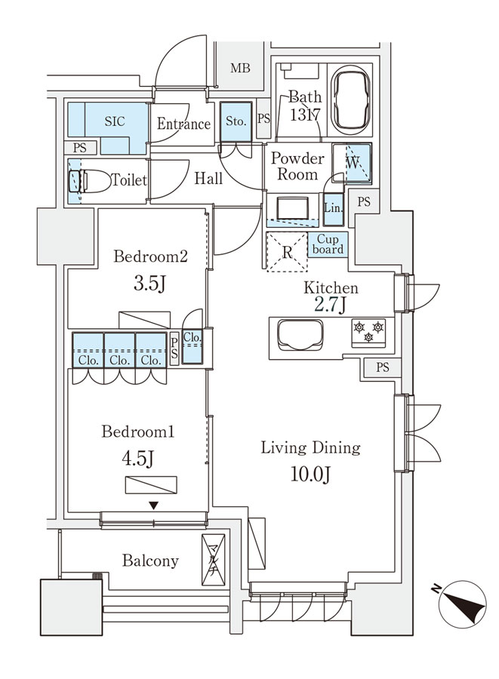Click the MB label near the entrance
point(240,68)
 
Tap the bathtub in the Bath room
point(350,100)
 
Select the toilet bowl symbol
point(90,180)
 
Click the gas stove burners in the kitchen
point(368,332)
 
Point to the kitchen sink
point(300,335)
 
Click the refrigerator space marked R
point(287,252)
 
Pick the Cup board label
point(328,244)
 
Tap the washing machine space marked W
point(352,162)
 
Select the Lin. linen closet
point(333,209)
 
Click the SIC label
point(114,121)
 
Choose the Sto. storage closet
point(236,121)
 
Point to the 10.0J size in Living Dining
point(310,475)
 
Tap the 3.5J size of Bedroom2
point(150,284)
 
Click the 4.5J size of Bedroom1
point(137,459)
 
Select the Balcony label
point(150,561)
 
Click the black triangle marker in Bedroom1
point(153,505)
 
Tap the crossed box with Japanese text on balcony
point(213,560)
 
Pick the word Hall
point(208,178)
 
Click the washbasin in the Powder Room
point(293,208)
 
